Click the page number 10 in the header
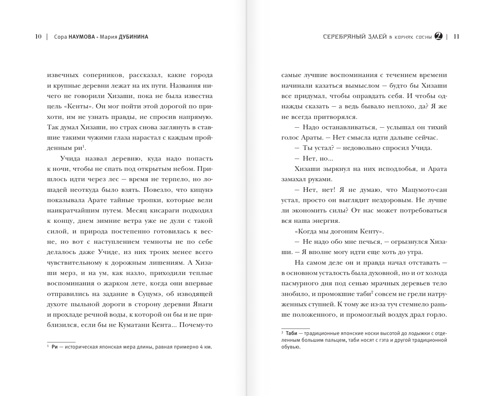click(x=38, y=37)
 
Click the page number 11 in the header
click(x=457, y=37)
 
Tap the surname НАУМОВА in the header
click(x=82, y=37)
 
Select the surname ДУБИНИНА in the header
click(x=133, y=37)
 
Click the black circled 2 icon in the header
click(x=439, y=36)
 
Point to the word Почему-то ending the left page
click(x=196, y=325)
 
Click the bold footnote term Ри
click(x=55, y=347)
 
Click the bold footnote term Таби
click(x=291, y=333)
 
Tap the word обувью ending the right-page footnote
click(x=291, y=347)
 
